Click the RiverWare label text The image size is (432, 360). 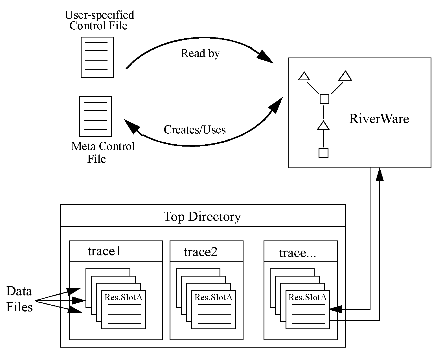point(379,119)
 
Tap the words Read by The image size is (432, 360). point(200,53)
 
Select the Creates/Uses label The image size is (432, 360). point(195,129)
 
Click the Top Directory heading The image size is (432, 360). point(202,217)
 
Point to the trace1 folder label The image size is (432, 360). point(104,251)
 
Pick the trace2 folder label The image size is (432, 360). point(201,252)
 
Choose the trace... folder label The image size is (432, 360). point(297,253)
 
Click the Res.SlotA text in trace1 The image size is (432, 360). point(124,297)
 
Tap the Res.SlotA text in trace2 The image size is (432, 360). point(214,297)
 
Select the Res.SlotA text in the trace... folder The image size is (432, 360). point(308,297)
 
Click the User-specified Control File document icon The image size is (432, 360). point(97,57)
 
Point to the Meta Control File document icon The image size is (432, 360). point(95,116)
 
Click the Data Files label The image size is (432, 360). point(19,299)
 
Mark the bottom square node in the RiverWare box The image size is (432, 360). point(323,153)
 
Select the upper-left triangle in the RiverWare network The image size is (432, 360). point(304,77)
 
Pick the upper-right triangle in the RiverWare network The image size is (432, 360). point(345,76)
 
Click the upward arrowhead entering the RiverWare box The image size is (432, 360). point(380,175)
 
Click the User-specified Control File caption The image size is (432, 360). point(99,20)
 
